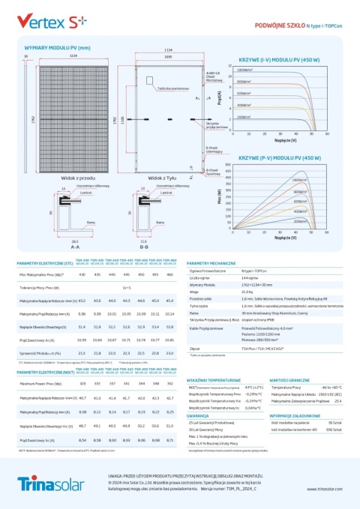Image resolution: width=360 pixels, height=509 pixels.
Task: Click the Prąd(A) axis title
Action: [218, 98]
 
